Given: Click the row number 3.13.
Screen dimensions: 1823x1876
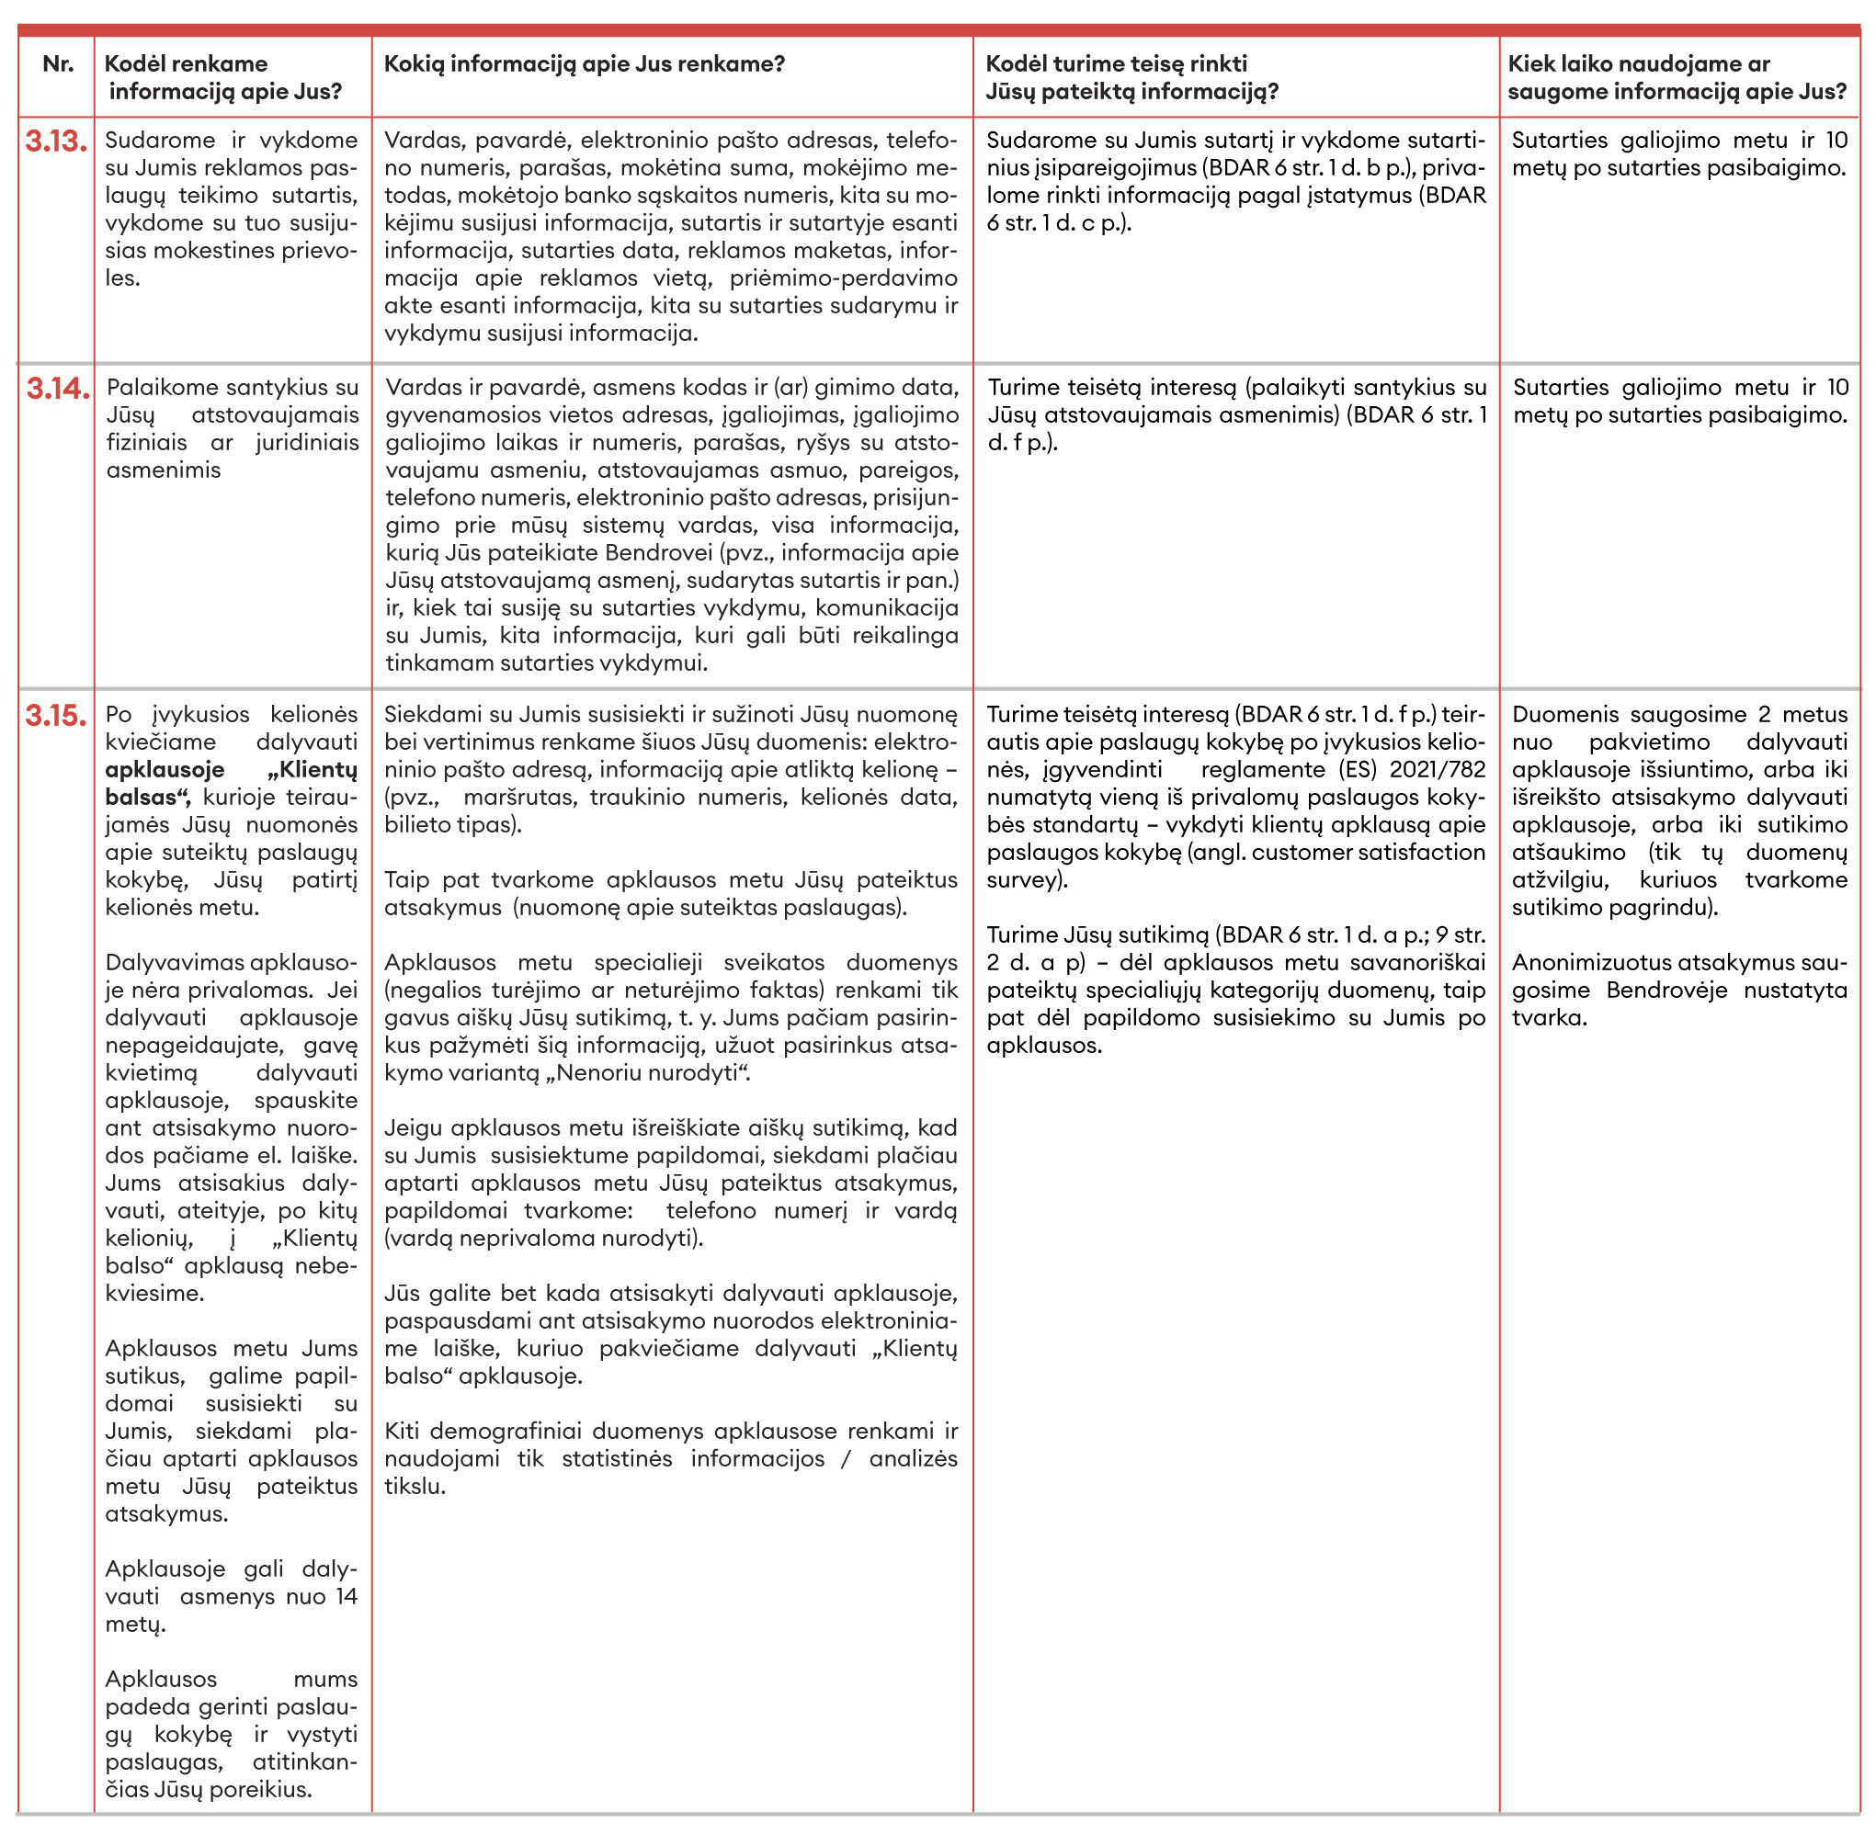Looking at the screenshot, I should click(56, 142).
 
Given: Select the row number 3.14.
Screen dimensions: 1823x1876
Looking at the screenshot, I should click(58, 389).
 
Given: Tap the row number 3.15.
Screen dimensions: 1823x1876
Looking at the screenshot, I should click(56, 716).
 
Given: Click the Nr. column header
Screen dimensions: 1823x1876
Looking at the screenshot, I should click(59, 64).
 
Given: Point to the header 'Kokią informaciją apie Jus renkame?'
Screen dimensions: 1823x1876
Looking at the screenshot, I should click(585, 64).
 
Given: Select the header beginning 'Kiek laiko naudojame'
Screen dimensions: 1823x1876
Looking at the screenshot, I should click(1677, 77).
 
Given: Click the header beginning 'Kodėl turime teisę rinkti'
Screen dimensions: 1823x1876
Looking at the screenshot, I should click(1131, 77).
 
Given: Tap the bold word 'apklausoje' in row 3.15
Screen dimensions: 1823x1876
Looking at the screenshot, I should click(165, 770).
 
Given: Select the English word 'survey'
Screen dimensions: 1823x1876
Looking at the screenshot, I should click(1024, 880).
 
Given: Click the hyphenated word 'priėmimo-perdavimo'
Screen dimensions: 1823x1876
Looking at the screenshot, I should click(843, 278).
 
